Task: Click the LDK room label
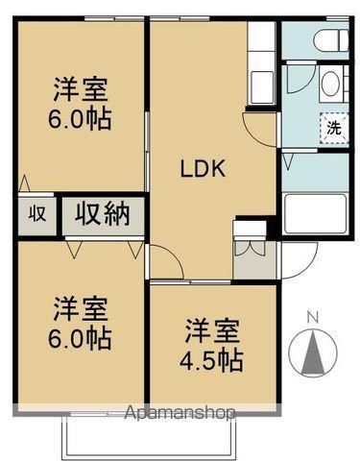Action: (x=204, y=169)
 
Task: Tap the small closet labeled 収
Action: (x=36, y=213)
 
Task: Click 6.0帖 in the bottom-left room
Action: (x=81, y=338)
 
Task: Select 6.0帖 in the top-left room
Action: (x=81, y=120)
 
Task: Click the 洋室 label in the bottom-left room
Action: (x=80, y=308)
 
